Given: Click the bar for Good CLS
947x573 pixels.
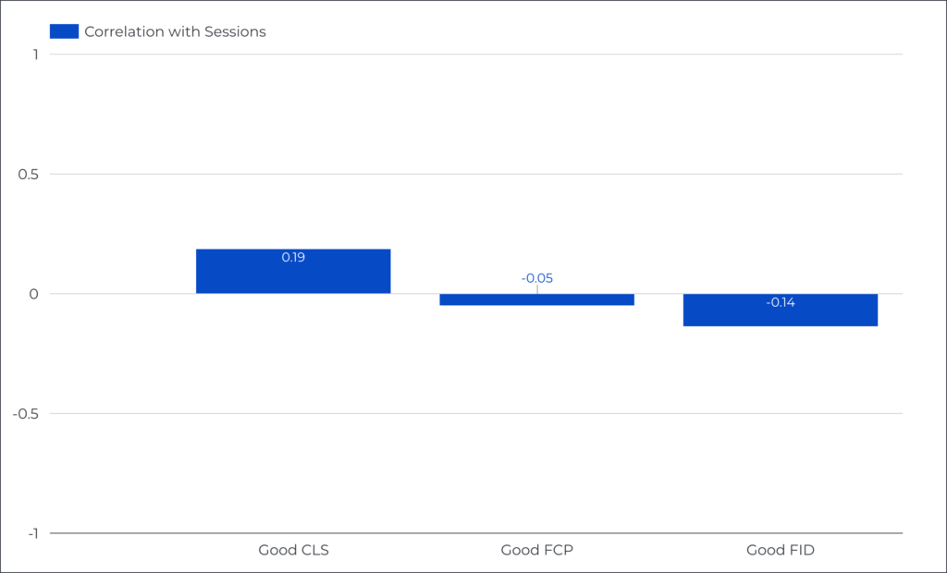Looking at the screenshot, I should coord(293,272).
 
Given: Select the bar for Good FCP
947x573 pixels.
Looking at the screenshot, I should coord(536,299).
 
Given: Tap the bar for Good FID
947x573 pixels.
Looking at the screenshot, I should coord(780,311).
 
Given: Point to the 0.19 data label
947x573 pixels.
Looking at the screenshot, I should coord(293,257).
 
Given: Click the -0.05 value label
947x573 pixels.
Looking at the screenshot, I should coord(536,278).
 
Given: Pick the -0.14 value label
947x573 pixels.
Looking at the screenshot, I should coord(780,302).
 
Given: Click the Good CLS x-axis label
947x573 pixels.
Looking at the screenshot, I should coord(293,551).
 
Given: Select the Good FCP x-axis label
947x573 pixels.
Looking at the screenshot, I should coord(536,551).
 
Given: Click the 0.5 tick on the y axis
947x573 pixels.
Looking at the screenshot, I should coord(29,174).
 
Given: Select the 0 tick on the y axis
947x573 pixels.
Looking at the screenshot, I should coord(34,294).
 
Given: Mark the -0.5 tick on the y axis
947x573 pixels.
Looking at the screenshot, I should coord(26,413).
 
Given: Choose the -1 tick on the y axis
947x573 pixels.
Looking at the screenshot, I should coord(31,533).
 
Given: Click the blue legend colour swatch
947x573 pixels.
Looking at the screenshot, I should coord(64,31).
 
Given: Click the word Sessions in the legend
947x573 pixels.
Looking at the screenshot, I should coord(235,31).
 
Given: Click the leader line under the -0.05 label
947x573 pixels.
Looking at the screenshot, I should coord(536,289).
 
